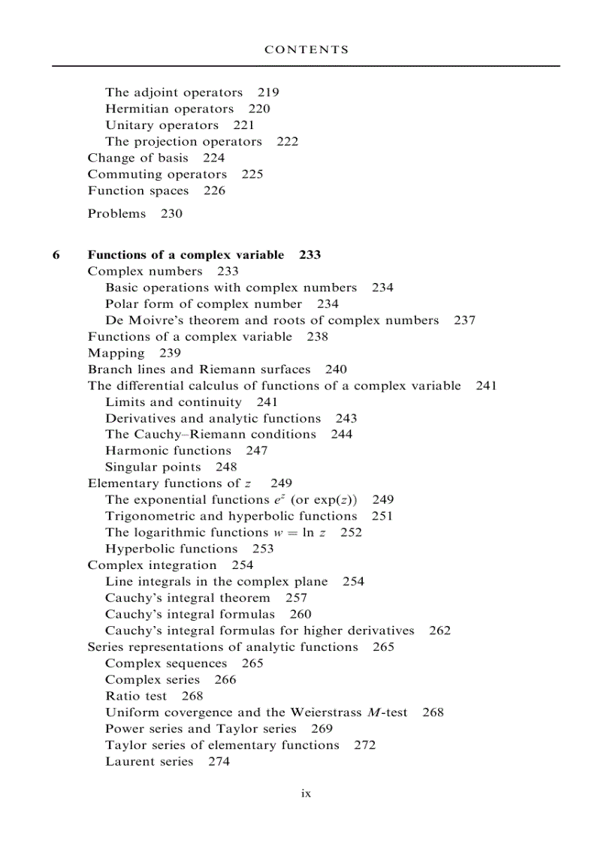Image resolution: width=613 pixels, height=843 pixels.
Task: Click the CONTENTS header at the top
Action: tap(306, 50)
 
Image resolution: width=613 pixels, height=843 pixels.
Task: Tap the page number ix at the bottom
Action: tap(306, 793)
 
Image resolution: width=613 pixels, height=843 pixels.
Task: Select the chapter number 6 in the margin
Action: tap(56, 254)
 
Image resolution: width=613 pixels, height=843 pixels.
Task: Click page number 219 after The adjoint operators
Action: tap(268, 92)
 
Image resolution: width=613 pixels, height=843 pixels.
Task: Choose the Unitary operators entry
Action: tap(162, 125)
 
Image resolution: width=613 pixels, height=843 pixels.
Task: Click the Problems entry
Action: tap(116, 214)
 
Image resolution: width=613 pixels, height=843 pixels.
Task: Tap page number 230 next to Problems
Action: tap(171, 214)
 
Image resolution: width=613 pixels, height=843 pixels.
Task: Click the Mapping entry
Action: tap(116, 354)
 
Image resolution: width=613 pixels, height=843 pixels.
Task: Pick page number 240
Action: tap(336, 369)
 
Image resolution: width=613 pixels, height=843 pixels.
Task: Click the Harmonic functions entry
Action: tap(168, 451)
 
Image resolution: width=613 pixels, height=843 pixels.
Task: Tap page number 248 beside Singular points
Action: tap(226, 468)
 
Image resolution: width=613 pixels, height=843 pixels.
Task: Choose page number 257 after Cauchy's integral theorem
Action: tap(296, 598)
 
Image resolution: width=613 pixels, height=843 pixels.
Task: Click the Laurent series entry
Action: tap(149, 762)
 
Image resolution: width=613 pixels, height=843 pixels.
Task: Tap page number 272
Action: tap(364, 745)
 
